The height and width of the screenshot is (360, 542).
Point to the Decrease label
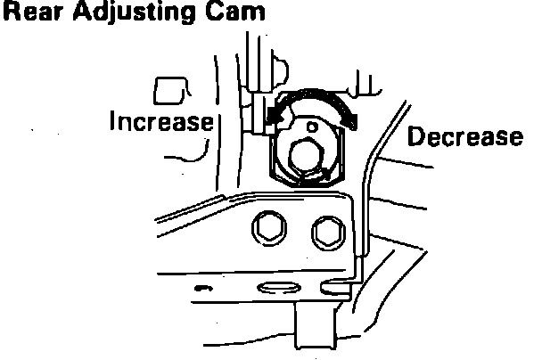point(464,137)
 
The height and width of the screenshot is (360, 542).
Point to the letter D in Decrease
point(415,137)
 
